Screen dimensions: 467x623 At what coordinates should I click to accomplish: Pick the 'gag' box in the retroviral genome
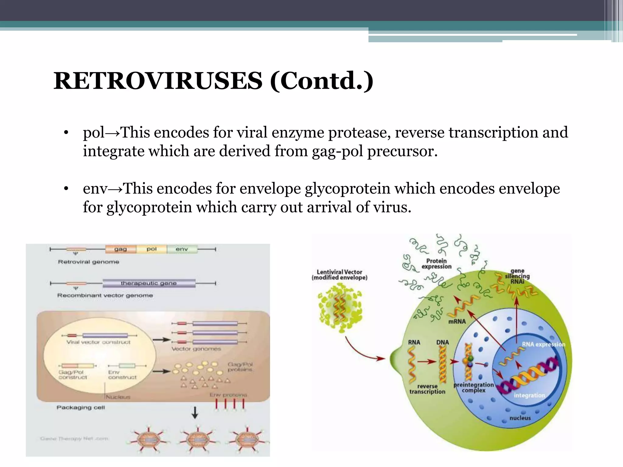[x=121, y=249]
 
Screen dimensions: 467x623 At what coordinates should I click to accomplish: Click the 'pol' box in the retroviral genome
[x=151, y=249]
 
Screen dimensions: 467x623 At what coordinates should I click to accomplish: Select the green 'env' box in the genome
[x=182, y=249]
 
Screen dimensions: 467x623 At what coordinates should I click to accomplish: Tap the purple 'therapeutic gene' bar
[x=149, y=283]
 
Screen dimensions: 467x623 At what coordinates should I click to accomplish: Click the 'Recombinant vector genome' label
[x=105, y=296]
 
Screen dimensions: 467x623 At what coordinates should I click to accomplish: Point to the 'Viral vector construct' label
[x=98, y=342]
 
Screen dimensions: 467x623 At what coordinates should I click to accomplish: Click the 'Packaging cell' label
[x=81, y=407]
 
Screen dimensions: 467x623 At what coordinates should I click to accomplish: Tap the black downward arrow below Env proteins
[x=195, y=413]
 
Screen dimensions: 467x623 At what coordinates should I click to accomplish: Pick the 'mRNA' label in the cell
[x=457, y=321]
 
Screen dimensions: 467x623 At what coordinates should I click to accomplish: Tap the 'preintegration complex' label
[x=473, y=388]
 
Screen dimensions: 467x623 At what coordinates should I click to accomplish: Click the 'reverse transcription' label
[x=427, y=389]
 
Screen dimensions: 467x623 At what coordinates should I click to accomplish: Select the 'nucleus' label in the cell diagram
[x=520, y=418]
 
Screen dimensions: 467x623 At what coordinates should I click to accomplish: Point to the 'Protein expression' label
[x=436, y=264]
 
